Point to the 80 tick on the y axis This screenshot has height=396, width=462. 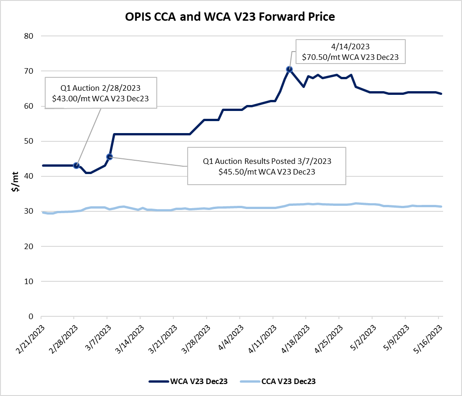tap(30, 36)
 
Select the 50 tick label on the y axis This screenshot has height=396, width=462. tap(30, 141)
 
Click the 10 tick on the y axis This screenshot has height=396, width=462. tap(30, 281)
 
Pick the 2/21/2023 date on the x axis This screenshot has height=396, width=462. tap(29, 339)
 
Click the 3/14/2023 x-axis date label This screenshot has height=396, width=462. tap(128, 339)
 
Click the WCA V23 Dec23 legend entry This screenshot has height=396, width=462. tap(188, 381)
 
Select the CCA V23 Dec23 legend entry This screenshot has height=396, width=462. tap(280, 381)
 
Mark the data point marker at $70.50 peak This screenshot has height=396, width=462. tap(290, 69)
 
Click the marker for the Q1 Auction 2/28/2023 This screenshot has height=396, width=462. tap(77, 165)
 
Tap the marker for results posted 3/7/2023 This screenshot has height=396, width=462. tap(110, 157)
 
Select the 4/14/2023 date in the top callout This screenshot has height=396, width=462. tap(350, 47)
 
